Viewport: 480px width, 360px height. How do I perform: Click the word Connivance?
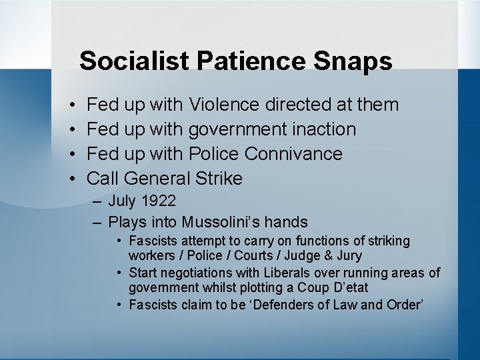coord(293,153)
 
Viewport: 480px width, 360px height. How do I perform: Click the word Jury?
coord(350,256)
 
